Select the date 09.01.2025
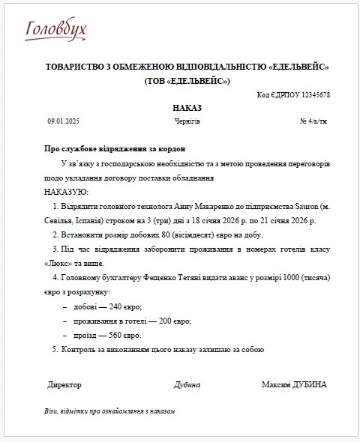pos(63,121)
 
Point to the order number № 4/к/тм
pos(313,121)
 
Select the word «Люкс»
pos(53,263)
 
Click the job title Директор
pos(64,385)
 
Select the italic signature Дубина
pos(187,385)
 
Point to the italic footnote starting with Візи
pos(109,412)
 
